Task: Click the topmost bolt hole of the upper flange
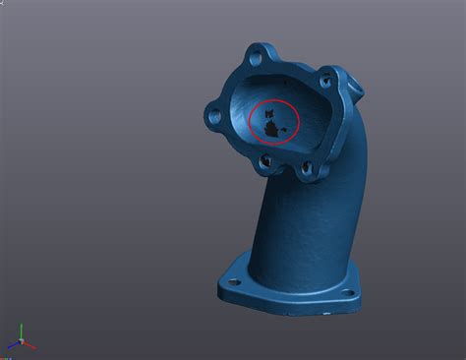coord(258,51)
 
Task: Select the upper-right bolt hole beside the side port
coord(325,75)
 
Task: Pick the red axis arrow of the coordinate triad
coord(30,345)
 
